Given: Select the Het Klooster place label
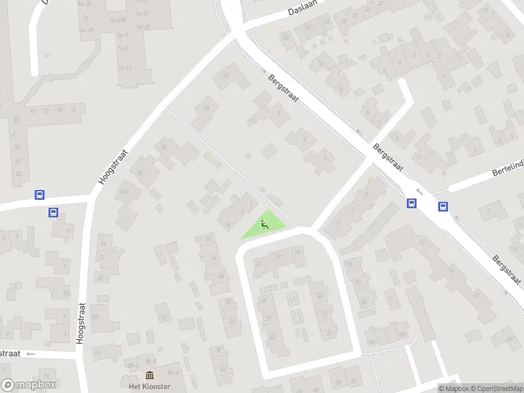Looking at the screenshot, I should point(149,386).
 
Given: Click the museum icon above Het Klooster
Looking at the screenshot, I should point(149,375).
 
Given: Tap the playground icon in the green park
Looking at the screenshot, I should point(264,226).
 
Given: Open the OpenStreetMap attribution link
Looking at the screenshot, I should point(499,388).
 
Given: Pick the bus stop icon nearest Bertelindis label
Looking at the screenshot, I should point(443,207).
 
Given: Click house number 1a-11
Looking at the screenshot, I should point(124,68).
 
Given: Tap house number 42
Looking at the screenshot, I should point(18,174).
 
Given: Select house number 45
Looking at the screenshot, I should point(321,295).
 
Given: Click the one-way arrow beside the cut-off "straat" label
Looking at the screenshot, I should point(30,354).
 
